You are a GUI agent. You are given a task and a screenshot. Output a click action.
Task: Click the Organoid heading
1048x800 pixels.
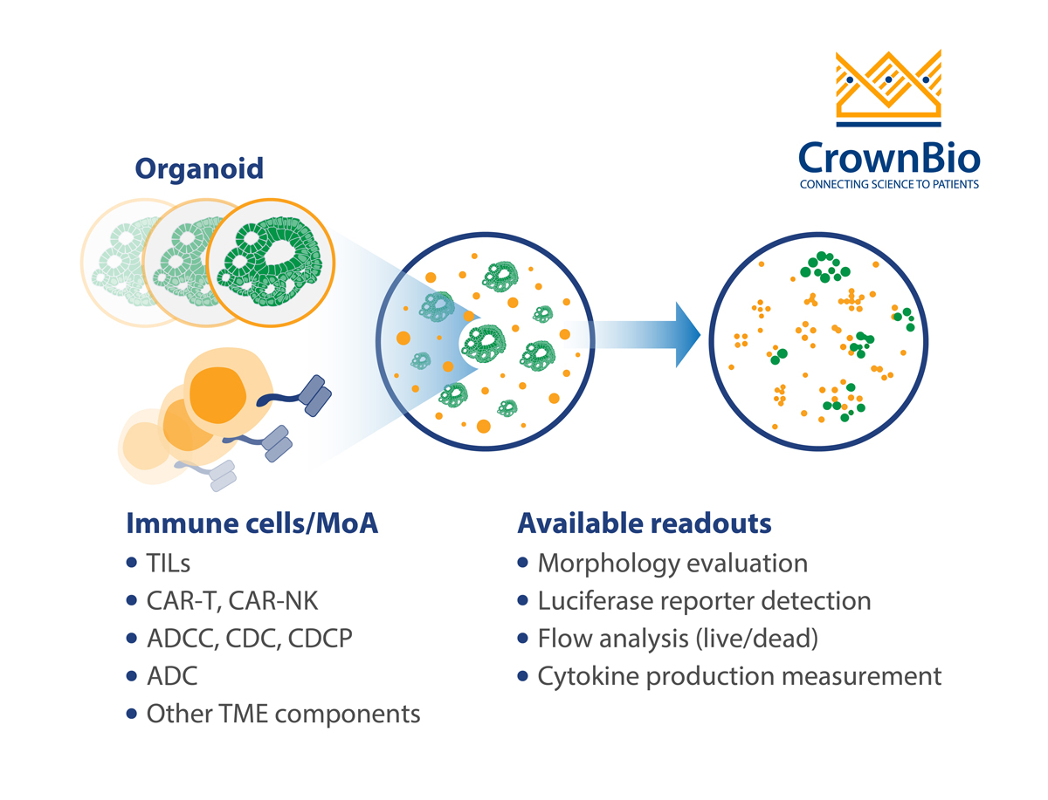(198, 168)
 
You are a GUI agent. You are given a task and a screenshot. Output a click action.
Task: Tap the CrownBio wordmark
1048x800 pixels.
(889, 158)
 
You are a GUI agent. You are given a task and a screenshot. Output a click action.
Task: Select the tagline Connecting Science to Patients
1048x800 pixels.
(889, 185)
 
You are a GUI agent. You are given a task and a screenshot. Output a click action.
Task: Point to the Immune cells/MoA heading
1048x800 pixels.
(252, 523)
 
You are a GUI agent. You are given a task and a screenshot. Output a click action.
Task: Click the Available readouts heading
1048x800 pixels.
(645, 523)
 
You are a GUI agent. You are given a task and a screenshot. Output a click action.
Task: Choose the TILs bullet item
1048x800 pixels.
(169, 564)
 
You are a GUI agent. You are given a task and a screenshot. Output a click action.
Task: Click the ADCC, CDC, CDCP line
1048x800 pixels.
(249, 639)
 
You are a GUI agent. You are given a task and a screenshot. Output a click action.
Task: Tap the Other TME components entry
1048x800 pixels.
(283, 714)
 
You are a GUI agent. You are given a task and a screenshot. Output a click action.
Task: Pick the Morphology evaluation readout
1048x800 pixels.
(672, 564)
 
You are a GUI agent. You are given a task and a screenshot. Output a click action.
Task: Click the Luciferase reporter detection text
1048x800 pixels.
(704, 601)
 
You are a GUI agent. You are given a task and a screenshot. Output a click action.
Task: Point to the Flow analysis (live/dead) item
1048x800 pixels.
(678, 639)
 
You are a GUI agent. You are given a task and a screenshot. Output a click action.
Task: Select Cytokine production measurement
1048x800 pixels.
(740, 676)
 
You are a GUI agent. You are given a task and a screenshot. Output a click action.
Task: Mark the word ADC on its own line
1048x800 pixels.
(172, 676)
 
